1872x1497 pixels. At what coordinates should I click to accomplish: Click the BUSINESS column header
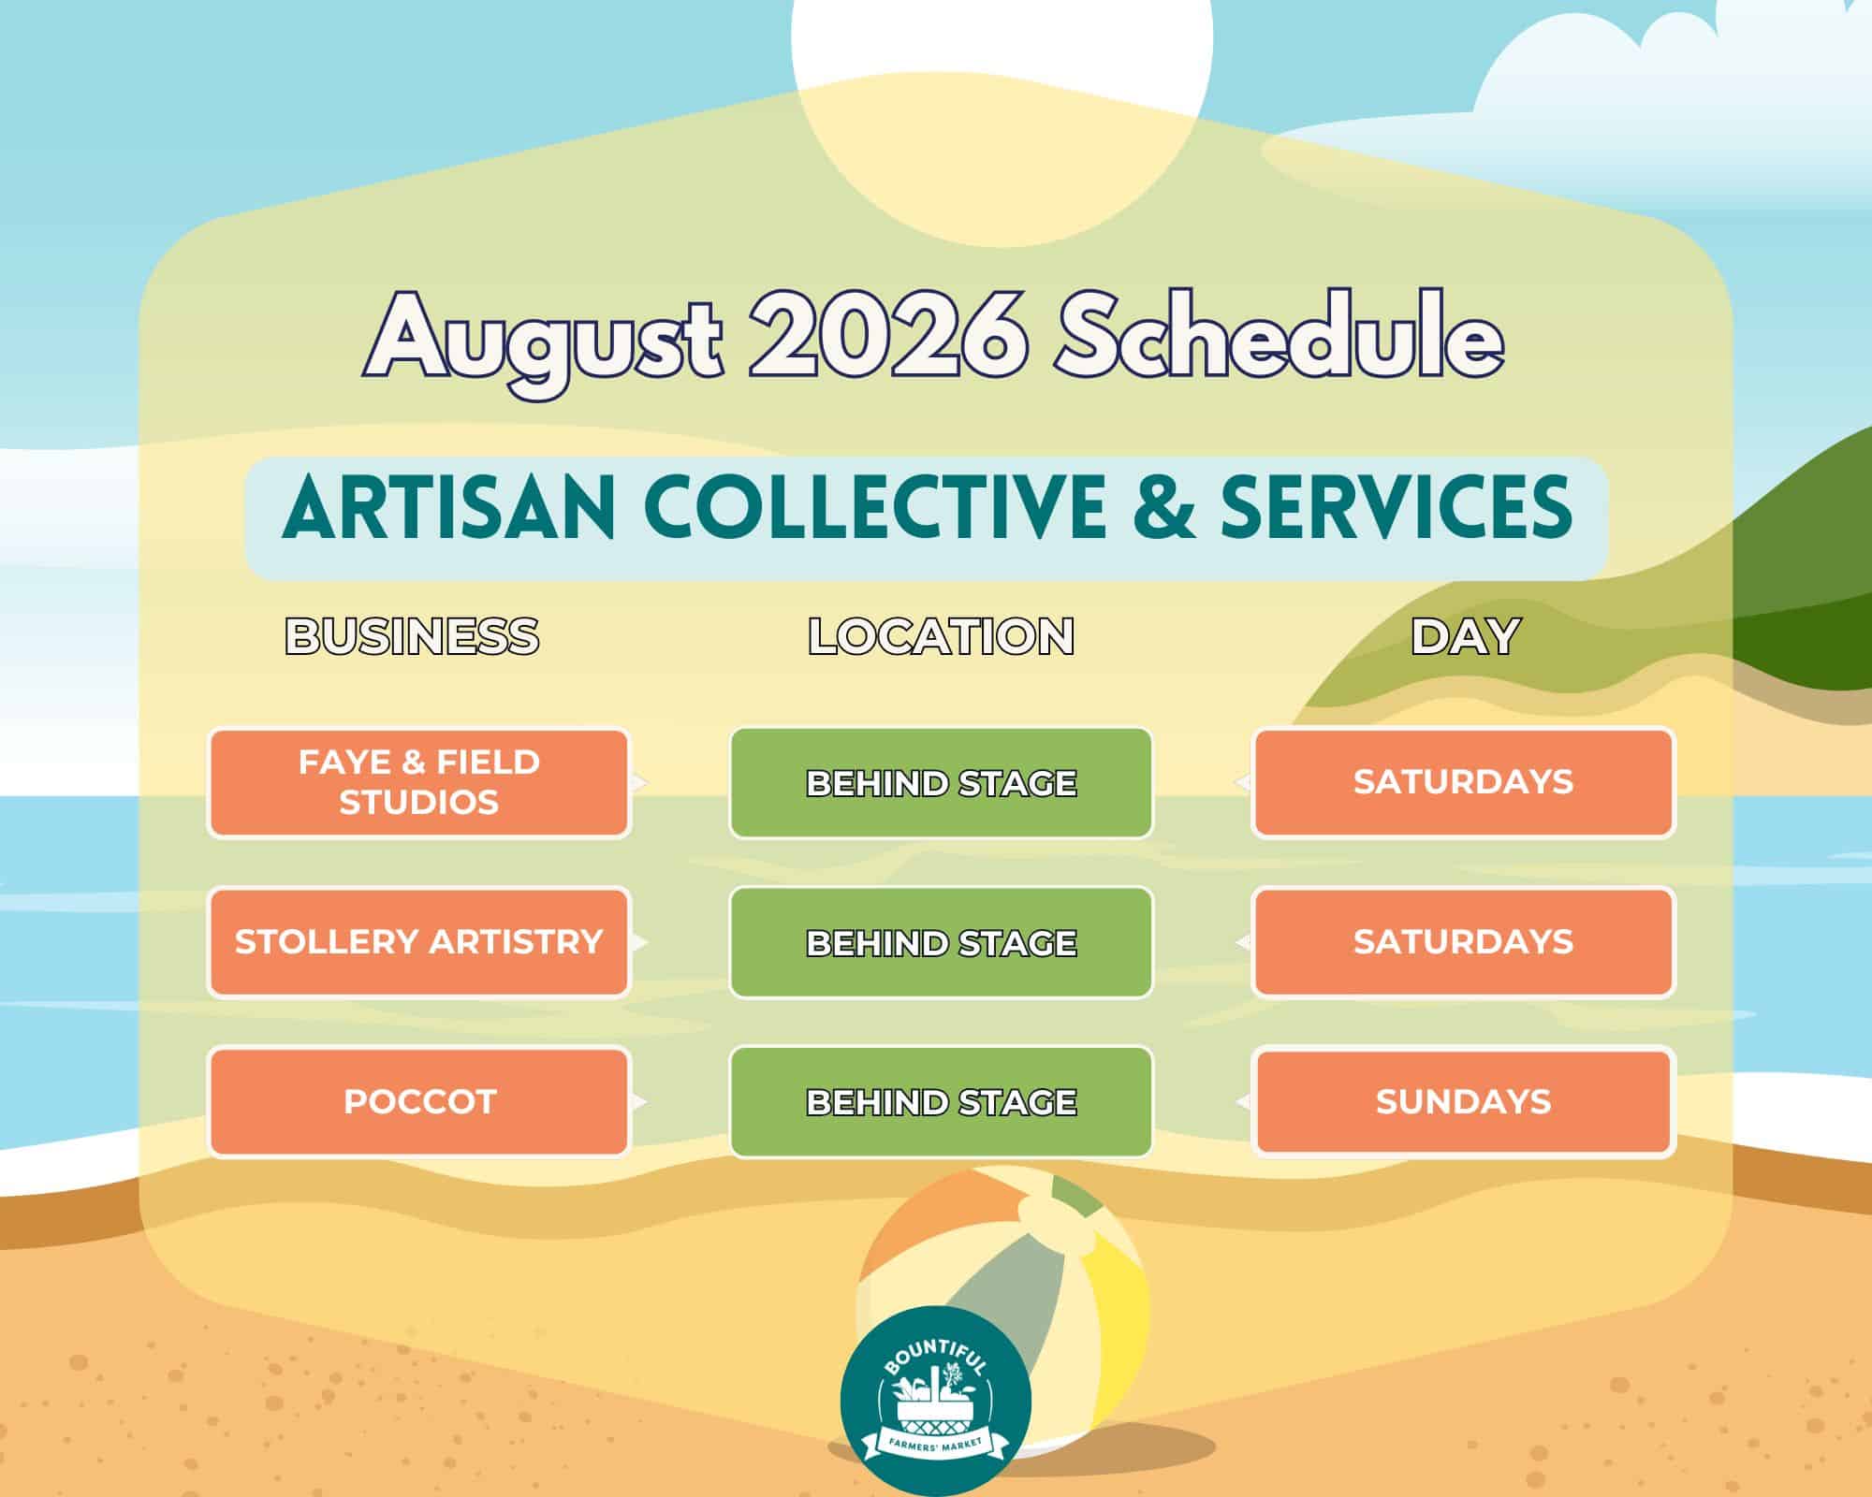(x=412, y=637)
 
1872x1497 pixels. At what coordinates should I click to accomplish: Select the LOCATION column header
(x=941, y=637)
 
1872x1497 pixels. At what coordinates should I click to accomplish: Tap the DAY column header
(x=1464, y=637)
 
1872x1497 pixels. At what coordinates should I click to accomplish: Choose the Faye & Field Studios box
(x=418, y=783)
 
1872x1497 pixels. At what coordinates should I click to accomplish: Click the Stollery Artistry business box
(x=418, y=942)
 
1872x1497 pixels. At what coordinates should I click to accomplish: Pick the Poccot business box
(x=418, y=1102)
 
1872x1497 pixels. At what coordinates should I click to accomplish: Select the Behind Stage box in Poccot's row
(x=941, y=1102)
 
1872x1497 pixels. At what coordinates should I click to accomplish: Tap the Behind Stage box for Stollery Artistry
(x=941, y=942)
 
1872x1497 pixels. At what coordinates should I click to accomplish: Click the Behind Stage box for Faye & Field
(x=941, y=783)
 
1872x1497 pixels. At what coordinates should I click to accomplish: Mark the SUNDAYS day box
(x=1463, y=1102)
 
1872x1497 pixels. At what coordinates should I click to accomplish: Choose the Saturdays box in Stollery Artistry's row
(x=1463, y=942)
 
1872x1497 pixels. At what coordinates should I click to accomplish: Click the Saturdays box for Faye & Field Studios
(x=1463, y=783)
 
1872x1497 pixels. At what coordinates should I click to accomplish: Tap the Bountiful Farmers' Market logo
(x=936, y=1401)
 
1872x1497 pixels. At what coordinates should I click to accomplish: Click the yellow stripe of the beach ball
(x=1119, y=1310)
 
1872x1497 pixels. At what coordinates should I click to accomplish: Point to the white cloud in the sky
(x=1666, y=75)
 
